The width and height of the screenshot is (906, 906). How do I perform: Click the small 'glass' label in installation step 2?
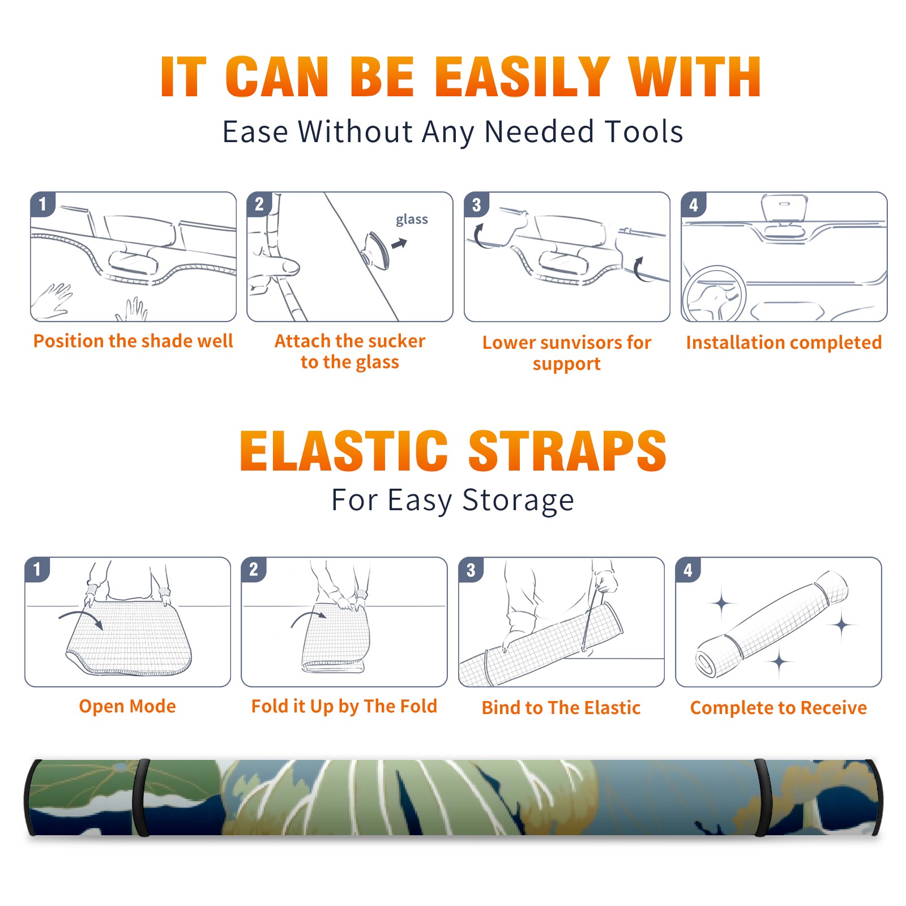click(412, 220)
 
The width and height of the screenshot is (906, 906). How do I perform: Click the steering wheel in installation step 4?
click(715, 294)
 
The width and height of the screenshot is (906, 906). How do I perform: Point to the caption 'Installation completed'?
click(784, 342)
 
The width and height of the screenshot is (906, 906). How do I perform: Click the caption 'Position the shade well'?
click(133, 341)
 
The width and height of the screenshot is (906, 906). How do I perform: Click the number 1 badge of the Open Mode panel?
click(37, 569)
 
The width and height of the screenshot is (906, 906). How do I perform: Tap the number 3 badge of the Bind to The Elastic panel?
click(471, 569)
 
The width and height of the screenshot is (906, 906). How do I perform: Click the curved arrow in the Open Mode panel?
click(81, 618)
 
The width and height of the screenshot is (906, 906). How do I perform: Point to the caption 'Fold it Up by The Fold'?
click(344, 706)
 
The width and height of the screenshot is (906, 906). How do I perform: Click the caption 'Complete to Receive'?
click(779, 708)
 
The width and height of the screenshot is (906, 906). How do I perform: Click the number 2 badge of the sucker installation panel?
click(259, 204)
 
